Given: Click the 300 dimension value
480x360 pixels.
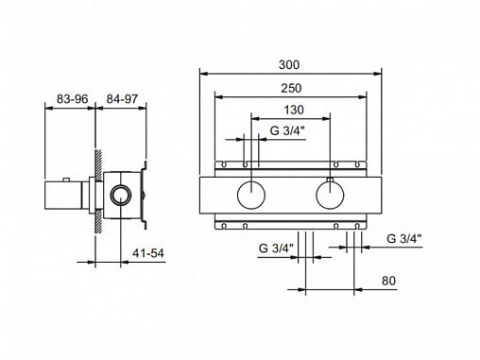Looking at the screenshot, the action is tap(289, 65).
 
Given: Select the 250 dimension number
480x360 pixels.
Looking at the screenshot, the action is tap(291, 88).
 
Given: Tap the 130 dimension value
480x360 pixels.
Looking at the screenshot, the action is tap(294, 110).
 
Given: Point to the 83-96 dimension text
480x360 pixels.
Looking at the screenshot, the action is tap(72, 99).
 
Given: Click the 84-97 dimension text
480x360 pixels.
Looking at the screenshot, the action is tap(122, 99).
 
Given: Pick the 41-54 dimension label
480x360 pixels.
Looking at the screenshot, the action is tap(148, 253).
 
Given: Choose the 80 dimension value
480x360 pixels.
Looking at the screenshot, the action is tap(388, 281).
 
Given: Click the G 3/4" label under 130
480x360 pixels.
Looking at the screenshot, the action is tap(287, 130).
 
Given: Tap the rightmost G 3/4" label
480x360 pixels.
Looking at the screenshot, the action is tap(404, 239).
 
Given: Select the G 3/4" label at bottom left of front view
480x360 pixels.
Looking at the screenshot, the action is tap(276, 249).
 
